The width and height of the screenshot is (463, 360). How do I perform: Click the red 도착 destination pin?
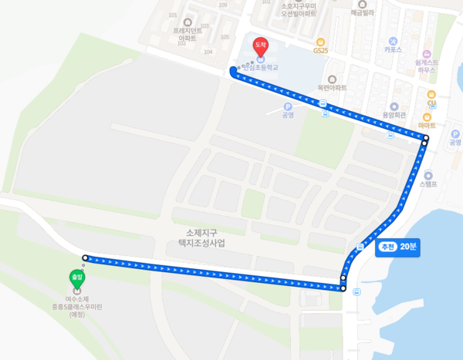261,46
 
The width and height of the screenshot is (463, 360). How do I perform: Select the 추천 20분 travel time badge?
397,248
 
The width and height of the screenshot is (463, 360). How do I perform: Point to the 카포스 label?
394,49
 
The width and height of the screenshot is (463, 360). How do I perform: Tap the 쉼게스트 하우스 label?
426,66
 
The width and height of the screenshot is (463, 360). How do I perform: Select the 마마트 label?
427,125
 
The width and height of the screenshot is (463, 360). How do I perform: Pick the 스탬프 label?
428,183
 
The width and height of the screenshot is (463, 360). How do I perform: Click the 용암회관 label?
393,116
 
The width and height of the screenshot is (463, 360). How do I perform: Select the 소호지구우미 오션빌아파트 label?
299,9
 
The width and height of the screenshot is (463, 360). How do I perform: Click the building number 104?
208,52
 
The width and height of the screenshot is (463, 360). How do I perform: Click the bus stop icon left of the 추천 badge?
360,247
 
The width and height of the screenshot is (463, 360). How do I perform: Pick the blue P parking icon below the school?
288,107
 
